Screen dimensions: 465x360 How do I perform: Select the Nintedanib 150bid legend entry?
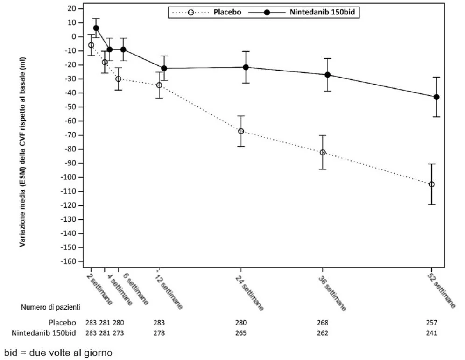tap(302, 12)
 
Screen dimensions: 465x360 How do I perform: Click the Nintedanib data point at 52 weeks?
tap(436, 97)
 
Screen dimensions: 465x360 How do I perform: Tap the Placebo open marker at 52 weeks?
tap(431, 184)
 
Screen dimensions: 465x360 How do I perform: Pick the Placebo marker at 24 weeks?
tap(241, 131)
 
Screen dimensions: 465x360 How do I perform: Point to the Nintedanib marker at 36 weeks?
tap(327, 75)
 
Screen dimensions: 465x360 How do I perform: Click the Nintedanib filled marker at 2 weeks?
tap(96, 28)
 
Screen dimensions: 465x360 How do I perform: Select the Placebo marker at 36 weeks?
tap(323, 152)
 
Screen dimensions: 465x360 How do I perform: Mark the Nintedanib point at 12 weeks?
tap(164, 68)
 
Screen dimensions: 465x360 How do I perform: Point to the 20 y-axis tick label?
tap(72, 8)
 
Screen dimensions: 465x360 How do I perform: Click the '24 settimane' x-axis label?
tap(249, 293)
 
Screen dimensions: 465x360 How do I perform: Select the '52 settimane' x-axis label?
tap(441, 291)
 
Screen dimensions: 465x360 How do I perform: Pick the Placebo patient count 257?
tap(431, 322)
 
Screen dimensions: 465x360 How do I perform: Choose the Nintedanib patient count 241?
tap(431, 333)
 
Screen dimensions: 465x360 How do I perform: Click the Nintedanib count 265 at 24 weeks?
tap(241, 333)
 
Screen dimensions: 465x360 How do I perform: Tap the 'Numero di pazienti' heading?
tap(51, 307)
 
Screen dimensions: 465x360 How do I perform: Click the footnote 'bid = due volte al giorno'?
tap(58, 353)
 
